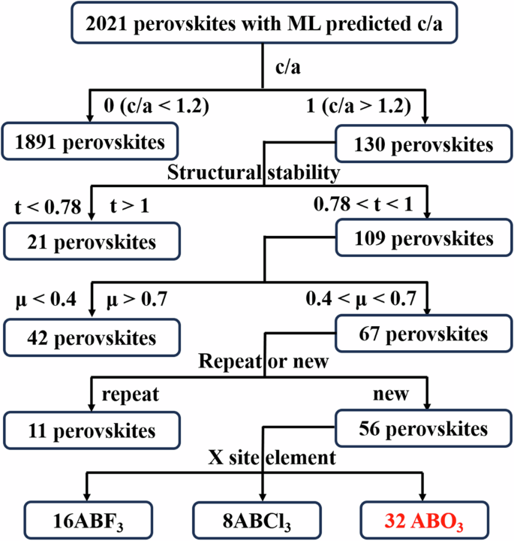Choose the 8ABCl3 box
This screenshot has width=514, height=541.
click(x=263, y=518)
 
